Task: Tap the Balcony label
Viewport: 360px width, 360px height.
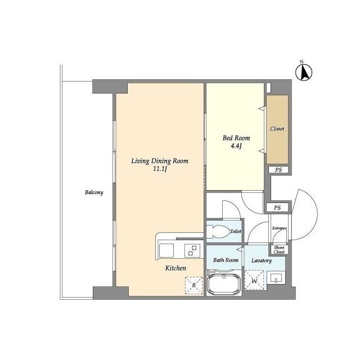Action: (94, 192)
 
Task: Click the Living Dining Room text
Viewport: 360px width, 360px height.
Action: (159, 160)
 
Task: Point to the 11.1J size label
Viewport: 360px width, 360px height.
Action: (160, 169)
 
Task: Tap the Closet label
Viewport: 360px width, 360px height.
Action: (277, 129)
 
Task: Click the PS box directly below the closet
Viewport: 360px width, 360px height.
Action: (277, 170)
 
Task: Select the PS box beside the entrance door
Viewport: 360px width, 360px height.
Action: (277, 208)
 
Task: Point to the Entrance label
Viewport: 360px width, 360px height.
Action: (280, 228)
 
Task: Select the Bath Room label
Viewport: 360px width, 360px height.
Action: (226, 260)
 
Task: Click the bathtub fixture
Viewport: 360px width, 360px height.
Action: (224, 283)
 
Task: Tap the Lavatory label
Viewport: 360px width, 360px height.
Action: (262, 260)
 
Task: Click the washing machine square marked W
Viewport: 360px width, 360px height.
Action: (254, 280)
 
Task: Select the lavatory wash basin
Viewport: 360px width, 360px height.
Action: (276, 277)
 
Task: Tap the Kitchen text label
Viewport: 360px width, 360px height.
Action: (175, 268)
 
